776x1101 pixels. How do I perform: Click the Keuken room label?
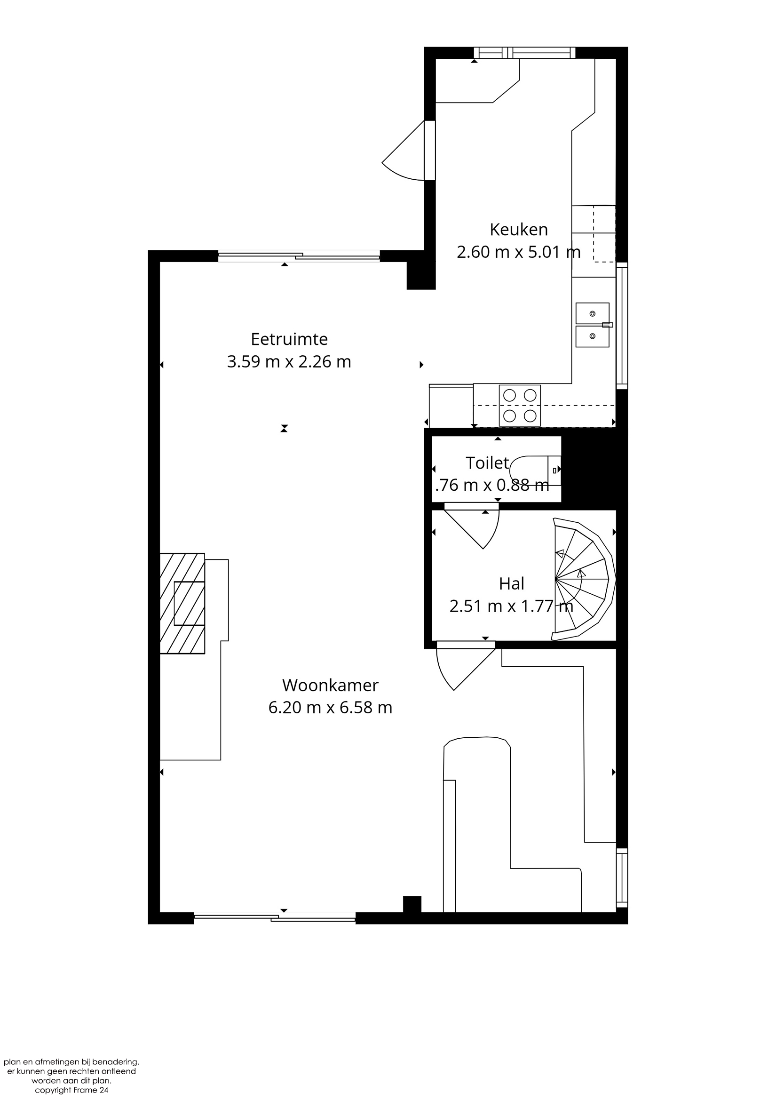[519, 230]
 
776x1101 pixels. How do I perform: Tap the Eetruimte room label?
[289, 339]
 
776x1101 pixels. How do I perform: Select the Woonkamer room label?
[330, 685]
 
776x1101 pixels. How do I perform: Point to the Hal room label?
[511, 583]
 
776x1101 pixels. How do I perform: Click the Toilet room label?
[487, 463]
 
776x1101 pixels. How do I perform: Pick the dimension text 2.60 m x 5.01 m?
[519, 252]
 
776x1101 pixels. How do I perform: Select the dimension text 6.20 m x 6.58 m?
[330, 707]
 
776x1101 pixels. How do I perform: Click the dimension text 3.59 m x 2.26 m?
[289, 361]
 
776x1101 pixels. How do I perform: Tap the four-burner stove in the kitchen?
[520, 405]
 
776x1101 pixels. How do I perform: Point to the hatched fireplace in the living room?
[182, 603]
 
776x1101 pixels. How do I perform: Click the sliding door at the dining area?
[299, 256]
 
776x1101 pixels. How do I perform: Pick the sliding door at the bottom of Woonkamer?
[275, 917]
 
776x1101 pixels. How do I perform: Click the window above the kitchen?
[524, 52]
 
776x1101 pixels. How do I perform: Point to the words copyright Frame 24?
[71, 1090]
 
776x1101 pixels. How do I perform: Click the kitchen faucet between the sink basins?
[607, 325]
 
